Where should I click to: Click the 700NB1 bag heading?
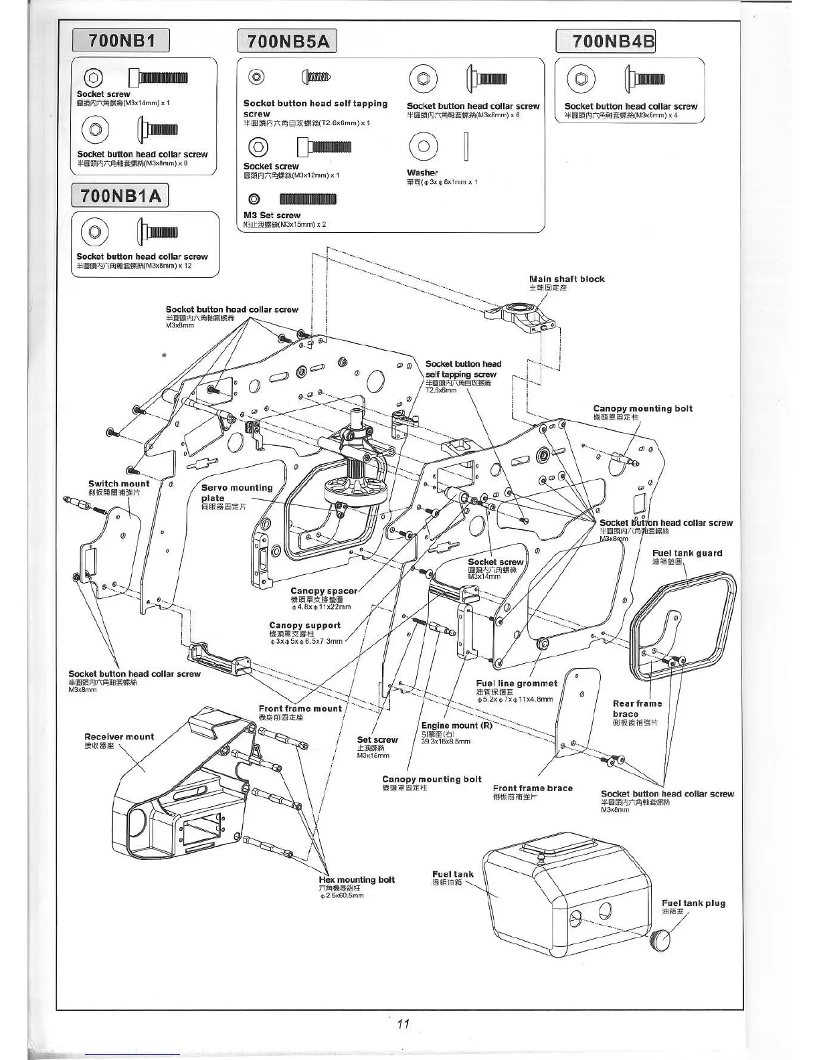pos(121,41)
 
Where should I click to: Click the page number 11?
pos(403,1023)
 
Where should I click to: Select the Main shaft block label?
pos(566,279)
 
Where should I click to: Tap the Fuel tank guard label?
pos(687,553)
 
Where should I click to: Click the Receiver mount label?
pos(119,737)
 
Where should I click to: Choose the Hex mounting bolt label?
pos(357,880)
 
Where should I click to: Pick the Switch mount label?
pos(119,484)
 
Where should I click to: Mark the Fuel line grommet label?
pos(517,683)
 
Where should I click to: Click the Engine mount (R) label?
pos(456,725)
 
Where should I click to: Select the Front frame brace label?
pos(533,788)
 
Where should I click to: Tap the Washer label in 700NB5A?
pos(422,173)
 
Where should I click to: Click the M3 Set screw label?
pos(272,215)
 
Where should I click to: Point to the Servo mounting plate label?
pos(236,493)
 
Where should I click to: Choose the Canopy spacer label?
pos(324,591)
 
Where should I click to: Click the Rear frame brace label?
pos(636,708)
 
